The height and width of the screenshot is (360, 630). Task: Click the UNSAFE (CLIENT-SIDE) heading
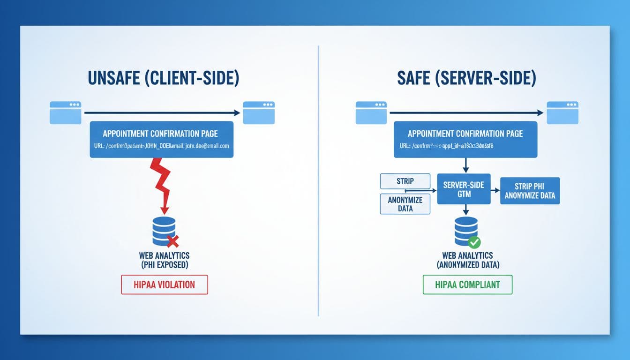(163, 78)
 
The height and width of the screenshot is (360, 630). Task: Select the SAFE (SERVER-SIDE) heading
(466, 78)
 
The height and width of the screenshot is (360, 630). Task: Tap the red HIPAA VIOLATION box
(164, 285)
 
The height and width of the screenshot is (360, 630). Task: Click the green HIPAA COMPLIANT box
(467, 285)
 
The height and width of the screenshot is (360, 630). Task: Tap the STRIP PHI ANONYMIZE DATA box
(530, 191)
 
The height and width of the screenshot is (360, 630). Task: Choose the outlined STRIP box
(405, 181)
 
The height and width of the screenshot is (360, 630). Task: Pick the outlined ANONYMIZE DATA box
(405, 204)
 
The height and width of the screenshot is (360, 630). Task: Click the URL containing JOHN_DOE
(161, 146)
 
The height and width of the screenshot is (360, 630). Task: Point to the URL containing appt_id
(446, 146)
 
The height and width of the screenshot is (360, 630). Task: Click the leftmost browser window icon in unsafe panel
(66, 112)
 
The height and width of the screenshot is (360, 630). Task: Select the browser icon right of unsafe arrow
(258, 112)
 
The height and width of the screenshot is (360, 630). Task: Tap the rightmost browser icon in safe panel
(562, 112)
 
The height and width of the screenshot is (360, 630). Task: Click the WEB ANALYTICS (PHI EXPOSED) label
(165, 260)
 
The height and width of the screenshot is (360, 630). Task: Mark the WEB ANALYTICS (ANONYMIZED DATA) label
(467, 260)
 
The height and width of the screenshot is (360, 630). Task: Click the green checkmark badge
(474, 242)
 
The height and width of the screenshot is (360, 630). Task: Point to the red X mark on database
(173, 241)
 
